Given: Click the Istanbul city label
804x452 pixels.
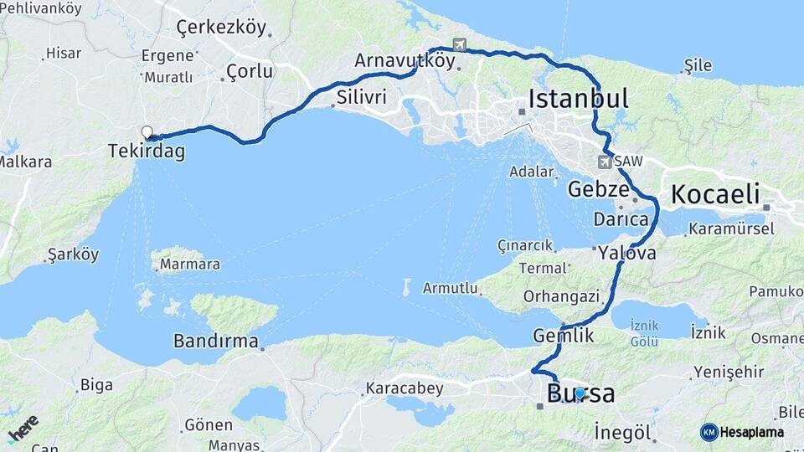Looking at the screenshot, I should (x=578, y=98).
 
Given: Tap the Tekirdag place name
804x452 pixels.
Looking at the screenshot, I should (x=146, y=152).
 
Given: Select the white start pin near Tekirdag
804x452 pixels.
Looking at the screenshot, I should (x=147, y=131).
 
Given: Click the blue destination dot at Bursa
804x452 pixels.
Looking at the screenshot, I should (x=580, y=393).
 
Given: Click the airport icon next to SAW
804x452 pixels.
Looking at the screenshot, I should (x=605, y=160).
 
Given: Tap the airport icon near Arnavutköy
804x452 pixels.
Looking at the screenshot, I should (x=459, y=44).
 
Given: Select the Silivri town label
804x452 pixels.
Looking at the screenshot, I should (x=361, y=97).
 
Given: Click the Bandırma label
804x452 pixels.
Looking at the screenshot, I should (x=218, y=341).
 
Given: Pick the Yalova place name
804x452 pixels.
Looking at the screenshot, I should (x=627, y=254).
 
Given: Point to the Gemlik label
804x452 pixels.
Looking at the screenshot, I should (x=563, y=336).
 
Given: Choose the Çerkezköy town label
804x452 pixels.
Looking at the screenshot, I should (x=221, y=28).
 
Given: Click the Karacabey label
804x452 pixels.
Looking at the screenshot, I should (x=397, y=389).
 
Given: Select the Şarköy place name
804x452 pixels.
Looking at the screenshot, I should (x=73, y=254).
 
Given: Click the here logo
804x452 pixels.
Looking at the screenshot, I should (x=23, y=429).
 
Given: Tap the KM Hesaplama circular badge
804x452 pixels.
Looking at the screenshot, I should (x=709, y=432).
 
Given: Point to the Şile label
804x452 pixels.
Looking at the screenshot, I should (x=698, y=65).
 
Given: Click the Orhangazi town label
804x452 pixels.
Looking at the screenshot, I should (x=561, y=296).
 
